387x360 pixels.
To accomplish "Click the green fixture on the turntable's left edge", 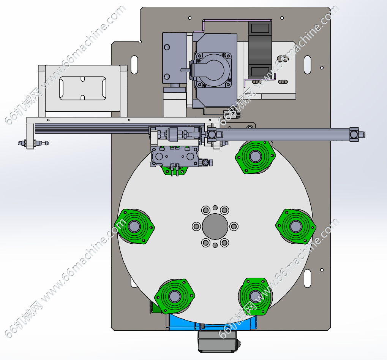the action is coord(134,226).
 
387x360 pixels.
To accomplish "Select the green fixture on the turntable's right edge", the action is coord(296,226).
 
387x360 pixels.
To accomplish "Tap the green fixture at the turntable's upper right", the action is coord(256,157).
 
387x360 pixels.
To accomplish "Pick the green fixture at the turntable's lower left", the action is coord(175,296).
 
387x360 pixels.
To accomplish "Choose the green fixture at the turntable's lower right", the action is coord(255,296).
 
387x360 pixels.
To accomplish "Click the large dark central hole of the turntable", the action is coord(215,226).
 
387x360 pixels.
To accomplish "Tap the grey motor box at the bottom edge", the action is coord(217,341).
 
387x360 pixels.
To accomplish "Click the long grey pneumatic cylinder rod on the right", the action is coord(283,135).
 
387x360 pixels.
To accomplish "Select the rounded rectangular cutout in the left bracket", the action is coord(83,88).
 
